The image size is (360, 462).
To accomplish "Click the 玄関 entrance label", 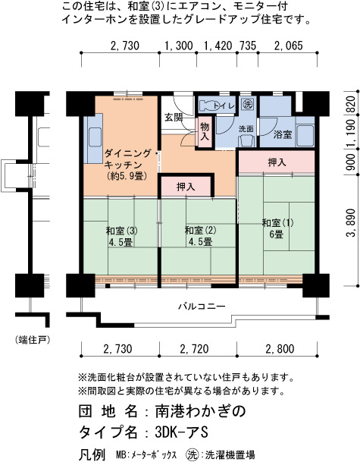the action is coord(174,118).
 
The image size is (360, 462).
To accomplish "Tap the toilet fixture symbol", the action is coord(211,105).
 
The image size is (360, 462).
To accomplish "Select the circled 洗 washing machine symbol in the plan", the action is coord(247,104).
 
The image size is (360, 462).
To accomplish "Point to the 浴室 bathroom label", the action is coord(283,134).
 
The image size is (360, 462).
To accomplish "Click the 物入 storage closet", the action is coord(205,131).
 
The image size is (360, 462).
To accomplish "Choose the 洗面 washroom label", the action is coord(246,129).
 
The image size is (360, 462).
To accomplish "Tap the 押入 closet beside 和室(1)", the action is coord(277,162).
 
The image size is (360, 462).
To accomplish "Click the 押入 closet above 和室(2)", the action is coord(186,186).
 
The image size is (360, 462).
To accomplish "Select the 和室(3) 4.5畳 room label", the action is coord(121,236).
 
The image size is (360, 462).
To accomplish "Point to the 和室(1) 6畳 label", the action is coord(277,228).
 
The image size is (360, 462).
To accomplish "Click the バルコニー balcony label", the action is coord(202,306).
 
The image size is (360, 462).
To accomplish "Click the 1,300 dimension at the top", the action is coord(178,46).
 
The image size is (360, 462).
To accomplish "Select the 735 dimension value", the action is coord(247,46).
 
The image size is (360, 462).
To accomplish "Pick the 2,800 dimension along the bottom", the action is coord(280,349).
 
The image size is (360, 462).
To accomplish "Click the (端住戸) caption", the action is coord(33,341).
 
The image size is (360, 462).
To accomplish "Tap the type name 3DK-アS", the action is coord(181,432).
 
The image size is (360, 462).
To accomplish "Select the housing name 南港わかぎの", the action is coord(200,411).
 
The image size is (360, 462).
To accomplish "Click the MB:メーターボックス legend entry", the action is coord(146,454).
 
